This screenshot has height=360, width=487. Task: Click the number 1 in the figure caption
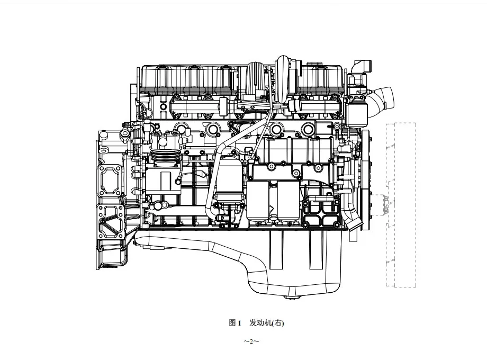239,323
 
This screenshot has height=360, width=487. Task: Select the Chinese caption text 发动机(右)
266,323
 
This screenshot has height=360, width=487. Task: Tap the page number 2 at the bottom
251,342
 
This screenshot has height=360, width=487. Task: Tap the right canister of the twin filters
288,201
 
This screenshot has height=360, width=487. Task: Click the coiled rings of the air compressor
164,157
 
